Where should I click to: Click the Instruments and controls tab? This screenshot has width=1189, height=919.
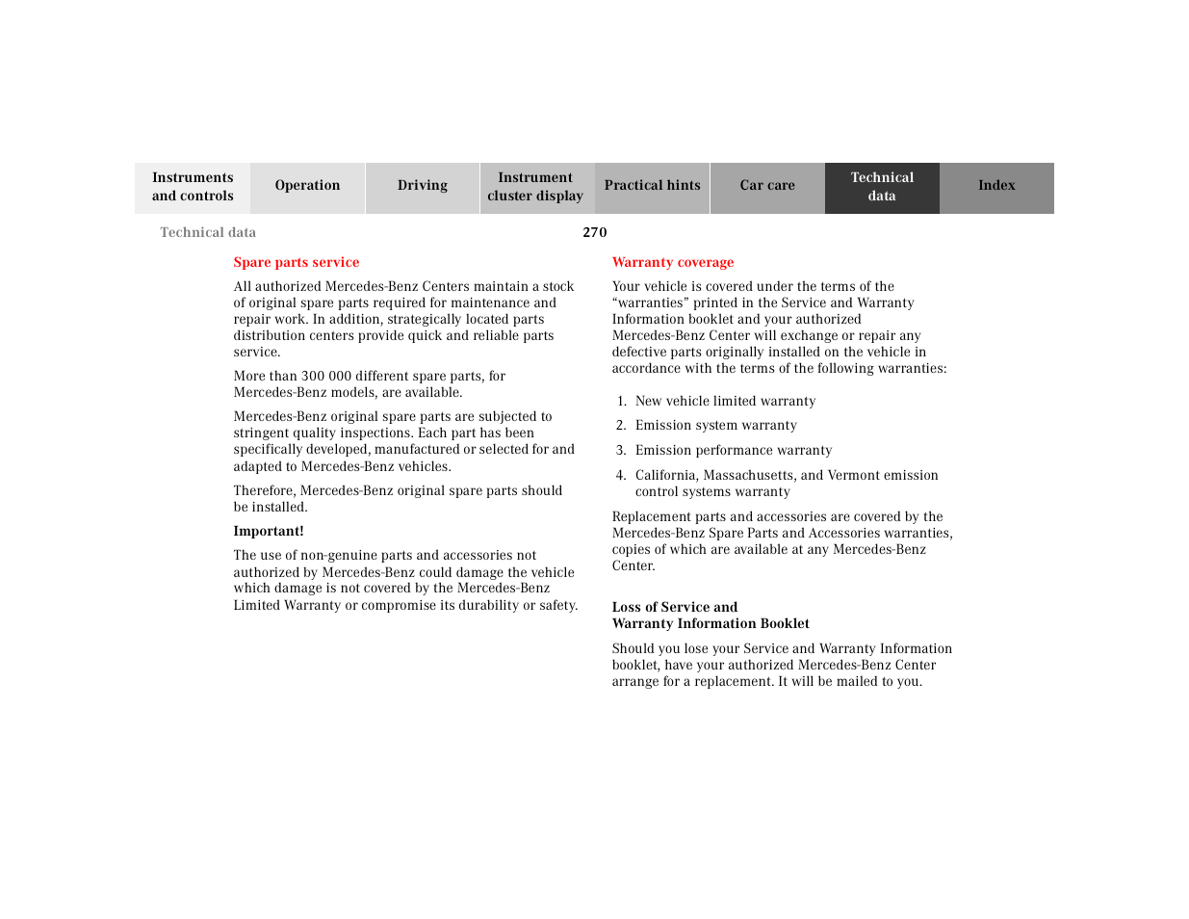tap(193, 187)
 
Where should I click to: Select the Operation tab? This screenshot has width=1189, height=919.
tap(307, 186)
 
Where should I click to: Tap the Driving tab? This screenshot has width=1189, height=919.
tap(422, 186)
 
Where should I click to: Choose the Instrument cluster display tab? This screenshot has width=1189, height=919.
tap(535, 187)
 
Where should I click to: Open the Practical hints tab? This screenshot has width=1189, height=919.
tap(652, 186)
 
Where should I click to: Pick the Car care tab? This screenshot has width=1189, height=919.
tap(767, 186)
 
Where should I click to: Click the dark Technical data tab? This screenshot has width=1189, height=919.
tap(882, 187)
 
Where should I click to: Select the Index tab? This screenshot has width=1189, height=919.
tap(996, 186)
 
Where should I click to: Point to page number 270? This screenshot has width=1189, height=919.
tap(595, 232)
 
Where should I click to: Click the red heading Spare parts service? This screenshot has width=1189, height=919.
tap(297, 262)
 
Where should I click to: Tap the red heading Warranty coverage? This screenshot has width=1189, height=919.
tap(673, 262)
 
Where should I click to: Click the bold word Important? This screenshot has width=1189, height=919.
tap(269, 531)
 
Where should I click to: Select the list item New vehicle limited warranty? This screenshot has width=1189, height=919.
tap(725, 401)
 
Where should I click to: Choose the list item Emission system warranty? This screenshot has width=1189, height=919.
tap(715, 426)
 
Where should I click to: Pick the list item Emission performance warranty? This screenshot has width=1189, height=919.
tap(733, 450)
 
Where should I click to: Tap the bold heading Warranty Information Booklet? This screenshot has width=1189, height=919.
tap(711, 623)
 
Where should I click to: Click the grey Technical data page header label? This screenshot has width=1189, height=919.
tap(208, 232)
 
